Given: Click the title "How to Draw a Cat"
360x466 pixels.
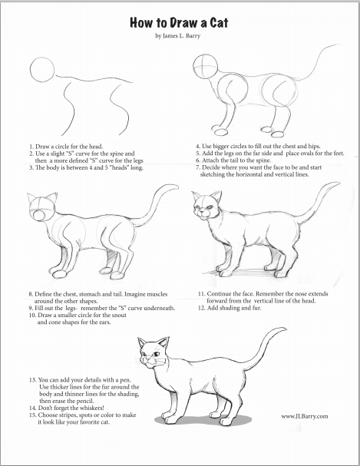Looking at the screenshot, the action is pos(179,23).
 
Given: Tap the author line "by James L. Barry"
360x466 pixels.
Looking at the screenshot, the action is pos(177,36).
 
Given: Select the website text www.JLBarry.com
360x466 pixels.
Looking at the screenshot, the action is pos(305,416).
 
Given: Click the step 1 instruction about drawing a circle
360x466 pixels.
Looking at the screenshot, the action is pos(66,147).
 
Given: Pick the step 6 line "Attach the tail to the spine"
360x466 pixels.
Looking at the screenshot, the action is pos(233,160).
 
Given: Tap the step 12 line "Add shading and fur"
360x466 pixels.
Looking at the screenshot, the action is pos(230,308).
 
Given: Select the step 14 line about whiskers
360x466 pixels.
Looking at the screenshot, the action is pos(67,408).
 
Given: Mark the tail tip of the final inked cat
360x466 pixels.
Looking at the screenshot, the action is pos(285,329).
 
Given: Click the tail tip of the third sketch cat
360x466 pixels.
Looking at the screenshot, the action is pos(177,187).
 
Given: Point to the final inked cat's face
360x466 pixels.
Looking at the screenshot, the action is pos(152,354).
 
